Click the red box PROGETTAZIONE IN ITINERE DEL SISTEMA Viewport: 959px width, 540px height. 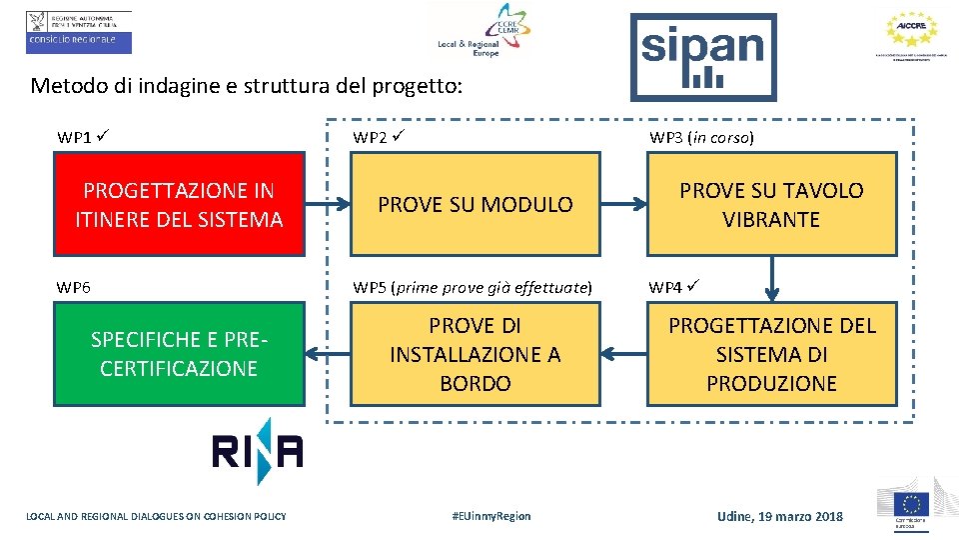pyautogui.click(x=179, y=204)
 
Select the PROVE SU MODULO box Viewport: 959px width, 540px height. pyautogui.click(x=475, y=204)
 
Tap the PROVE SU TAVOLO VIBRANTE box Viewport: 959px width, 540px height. pyautogui.click(x=771, y=204)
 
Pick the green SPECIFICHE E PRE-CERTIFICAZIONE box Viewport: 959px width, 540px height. pyautogui.click(x=179, y=354)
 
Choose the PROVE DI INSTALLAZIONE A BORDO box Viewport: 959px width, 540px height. pyautogui.click(x=475, y=354)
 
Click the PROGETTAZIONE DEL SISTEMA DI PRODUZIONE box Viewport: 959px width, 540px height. pyautogui.click(x=771, y=354)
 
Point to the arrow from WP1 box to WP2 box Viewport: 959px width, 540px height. pyautogui.click(x=327, y=205)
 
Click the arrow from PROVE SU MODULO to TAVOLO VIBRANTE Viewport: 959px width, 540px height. pyautogui.click(x=623, y=205)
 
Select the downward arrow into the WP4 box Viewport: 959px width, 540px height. pyautogui.click(x=771, y=278)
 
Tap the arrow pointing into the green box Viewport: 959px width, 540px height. pyautogui.click(x=327, y=353)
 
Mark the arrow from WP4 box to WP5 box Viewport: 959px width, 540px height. pyautogui.click(x=623, y=353)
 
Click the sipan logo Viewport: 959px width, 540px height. pyautogui.click(x=703, y=56)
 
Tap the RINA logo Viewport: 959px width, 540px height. pyautogui.click(x=257, y=452)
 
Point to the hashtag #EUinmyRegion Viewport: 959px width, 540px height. pyautogui.click(x=491, y=516)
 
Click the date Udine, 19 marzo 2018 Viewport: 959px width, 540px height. pyautogui.click(x=780, y=516)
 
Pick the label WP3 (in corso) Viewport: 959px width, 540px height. pyautogui.click(x=701, y=138)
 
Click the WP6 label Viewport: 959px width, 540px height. pyautogui.click(x=74, y=288)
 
